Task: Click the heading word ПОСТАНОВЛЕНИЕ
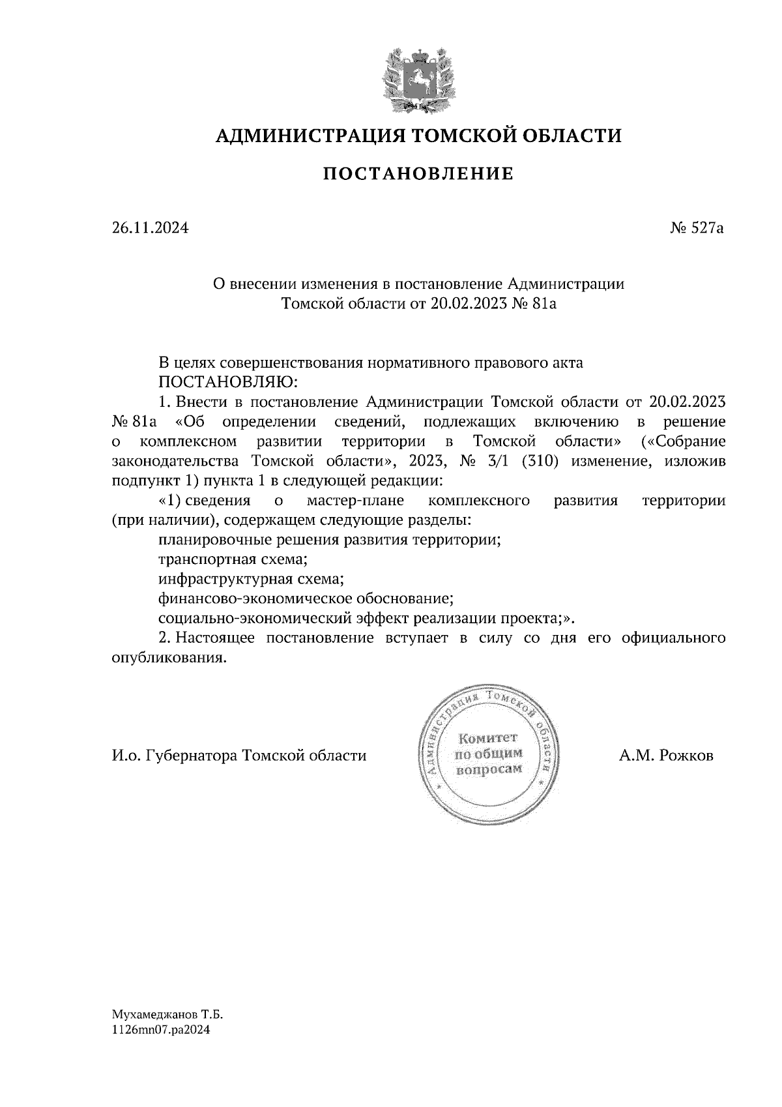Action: (x=419, y=174)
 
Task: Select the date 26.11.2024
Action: (x=150, y=229)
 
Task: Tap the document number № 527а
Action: (x=697, y=229)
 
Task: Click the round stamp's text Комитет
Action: (x=487, y=738)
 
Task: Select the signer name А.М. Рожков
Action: (x=667, y=756)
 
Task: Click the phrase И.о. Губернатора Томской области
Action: (x=239, y=756)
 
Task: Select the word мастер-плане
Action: (x=355, y=501)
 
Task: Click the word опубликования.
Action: (x=169, y=657)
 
